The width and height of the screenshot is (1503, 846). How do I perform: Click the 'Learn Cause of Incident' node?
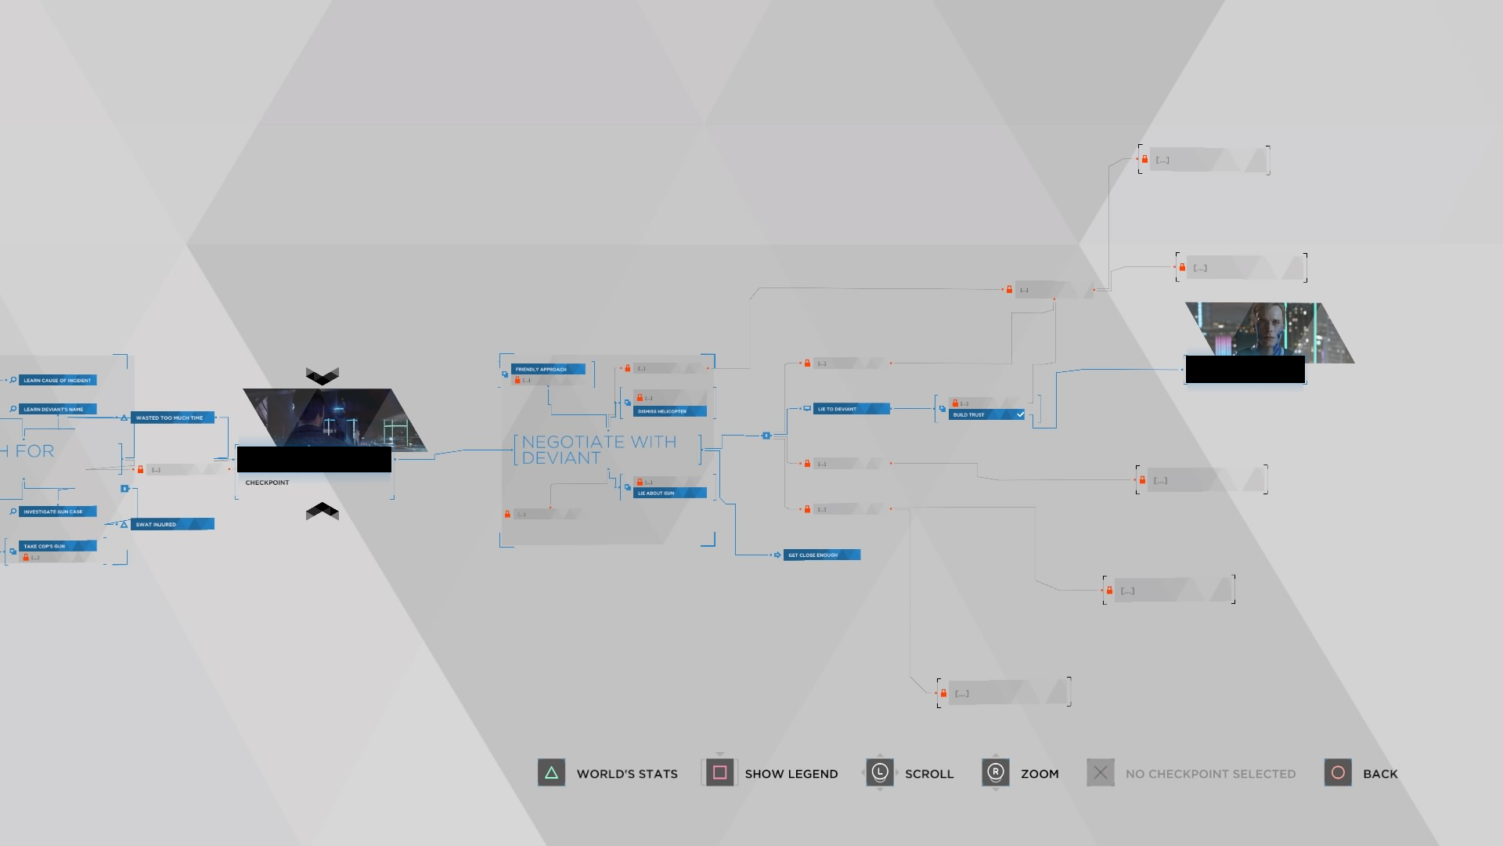[57, 380]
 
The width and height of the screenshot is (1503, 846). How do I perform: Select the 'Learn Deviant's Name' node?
[53, 409]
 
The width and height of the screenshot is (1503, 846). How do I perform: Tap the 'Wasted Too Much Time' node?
[170, 418]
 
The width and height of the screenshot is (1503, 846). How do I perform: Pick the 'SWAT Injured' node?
[157, 524]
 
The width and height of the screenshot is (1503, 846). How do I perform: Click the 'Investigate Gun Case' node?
[53, 512]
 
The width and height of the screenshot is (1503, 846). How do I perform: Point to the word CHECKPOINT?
[267, 483]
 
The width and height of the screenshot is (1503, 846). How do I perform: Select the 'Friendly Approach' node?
[541, 369]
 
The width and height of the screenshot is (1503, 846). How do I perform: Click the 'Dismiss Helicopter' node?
[662, 411]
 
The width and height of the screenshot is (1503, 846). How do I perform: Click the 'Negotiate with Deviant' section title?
[599, 450]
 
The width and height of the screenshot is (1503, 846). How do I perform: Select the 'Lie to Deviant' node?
[838, 409]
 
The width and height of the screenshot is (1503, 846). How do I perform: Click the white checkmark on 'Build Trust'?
[1020, 414]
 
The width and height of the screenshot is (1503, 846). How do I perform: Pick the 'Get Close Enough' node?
[813, 555]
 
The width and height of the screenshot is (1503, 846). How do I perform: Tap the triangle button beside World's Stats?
[551, 773]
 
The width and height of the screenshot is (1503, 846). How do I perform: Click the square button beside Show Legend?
[719, 773]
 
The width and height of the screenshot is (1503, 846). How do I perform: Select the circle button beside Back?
[1338, 773]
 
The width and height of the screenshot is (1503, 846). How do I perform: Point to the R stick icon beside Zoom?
[995, 773]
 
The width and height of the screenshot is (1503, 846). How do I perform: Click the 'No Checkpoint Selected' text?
[1210, 774]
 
